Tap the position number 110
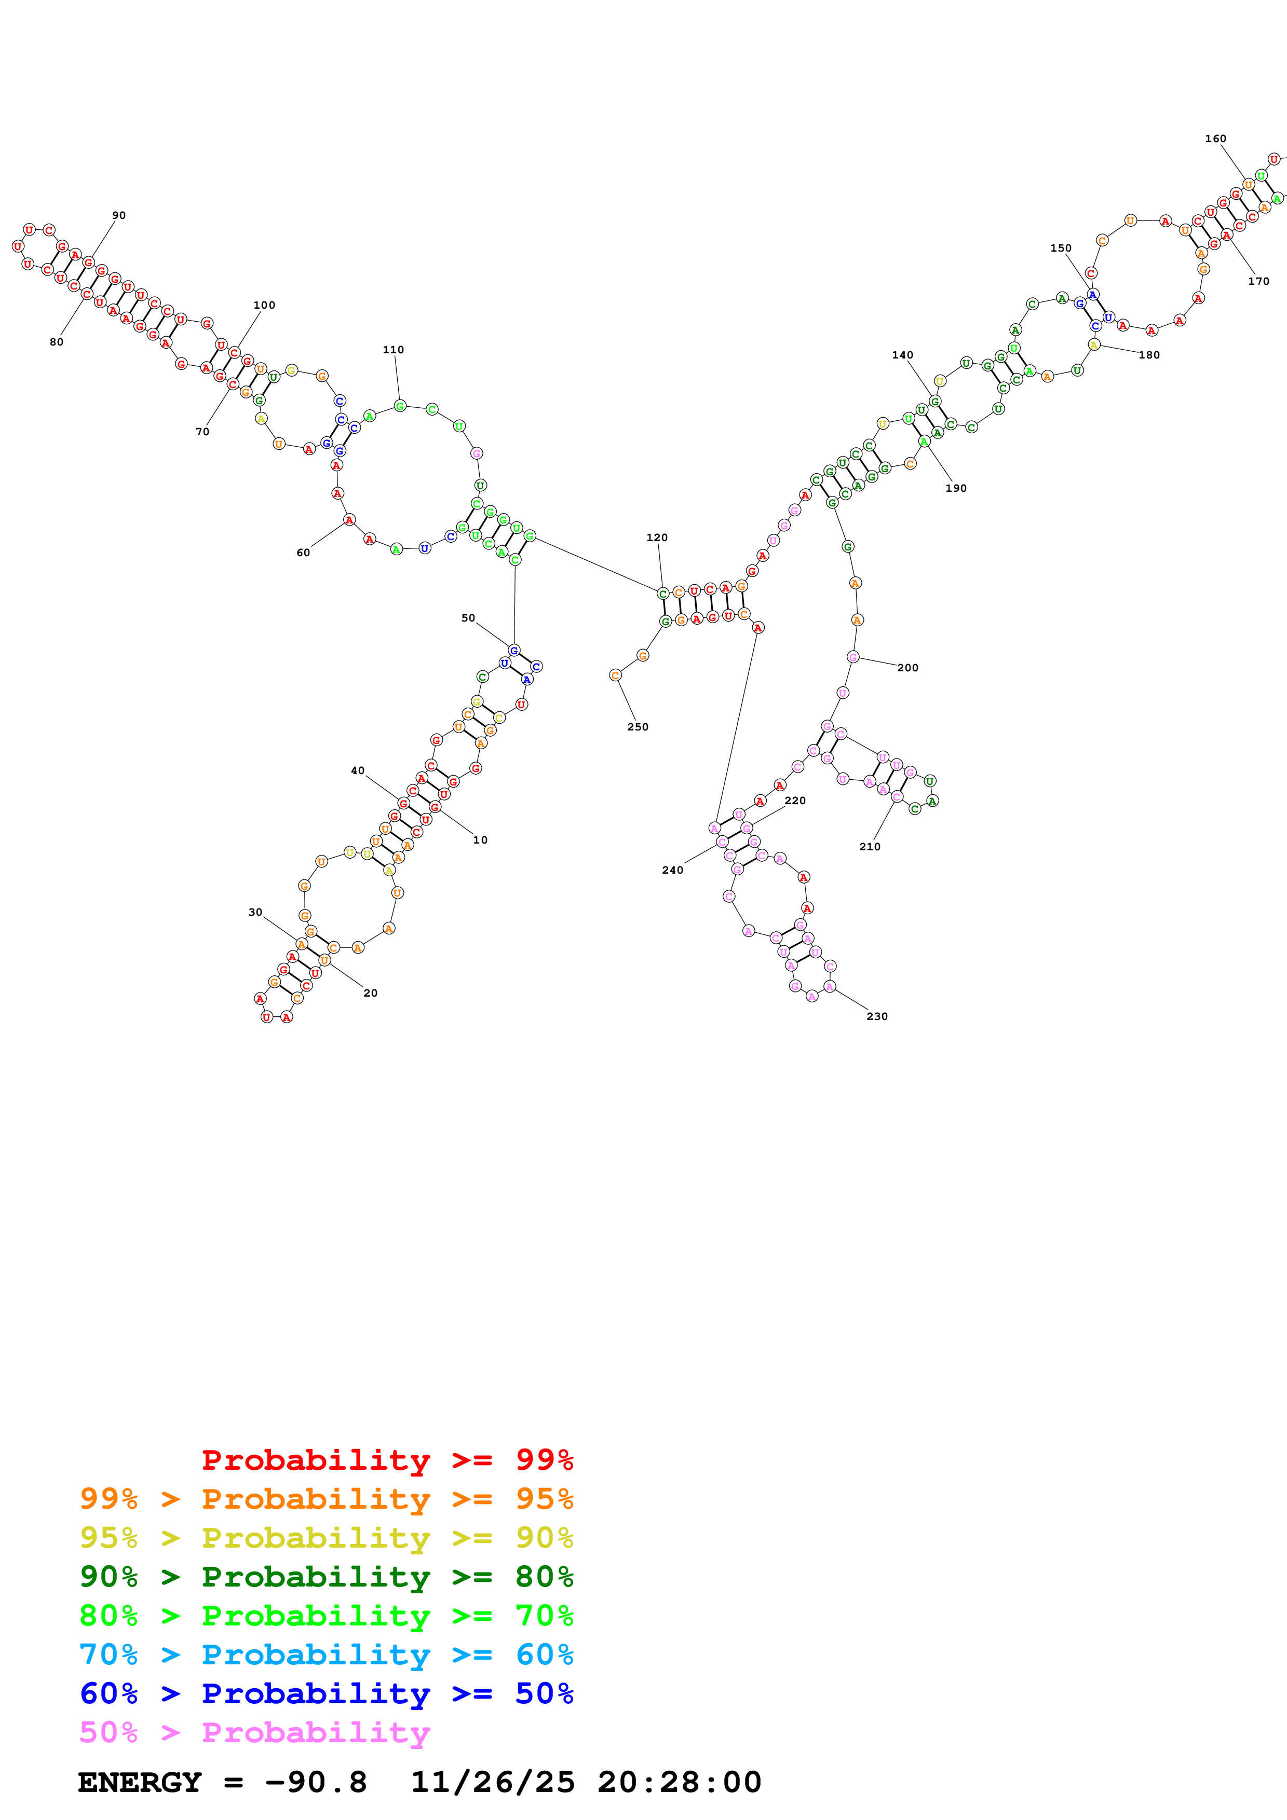click(x=394, y=350)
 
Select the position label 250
click(x=638, y=727)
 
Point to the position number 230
click(x=877, y=1016)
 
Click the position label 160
click(x=1216, y=139)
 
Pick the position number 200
click(x=908, y=667)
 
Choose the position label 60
click(x=303, y=553)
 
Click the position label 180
click(x=1149, y=355)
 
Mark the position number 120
click(x=657, y=537)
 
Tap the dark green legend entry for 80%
click(x=326, y=1577)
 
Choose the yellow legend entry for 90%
click(x=326, y=1538)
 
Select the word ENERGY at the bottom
click(x=140, y=1782)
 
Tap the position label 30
click(x=255, y=913)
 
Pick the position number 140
click(x=902, y=355)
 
